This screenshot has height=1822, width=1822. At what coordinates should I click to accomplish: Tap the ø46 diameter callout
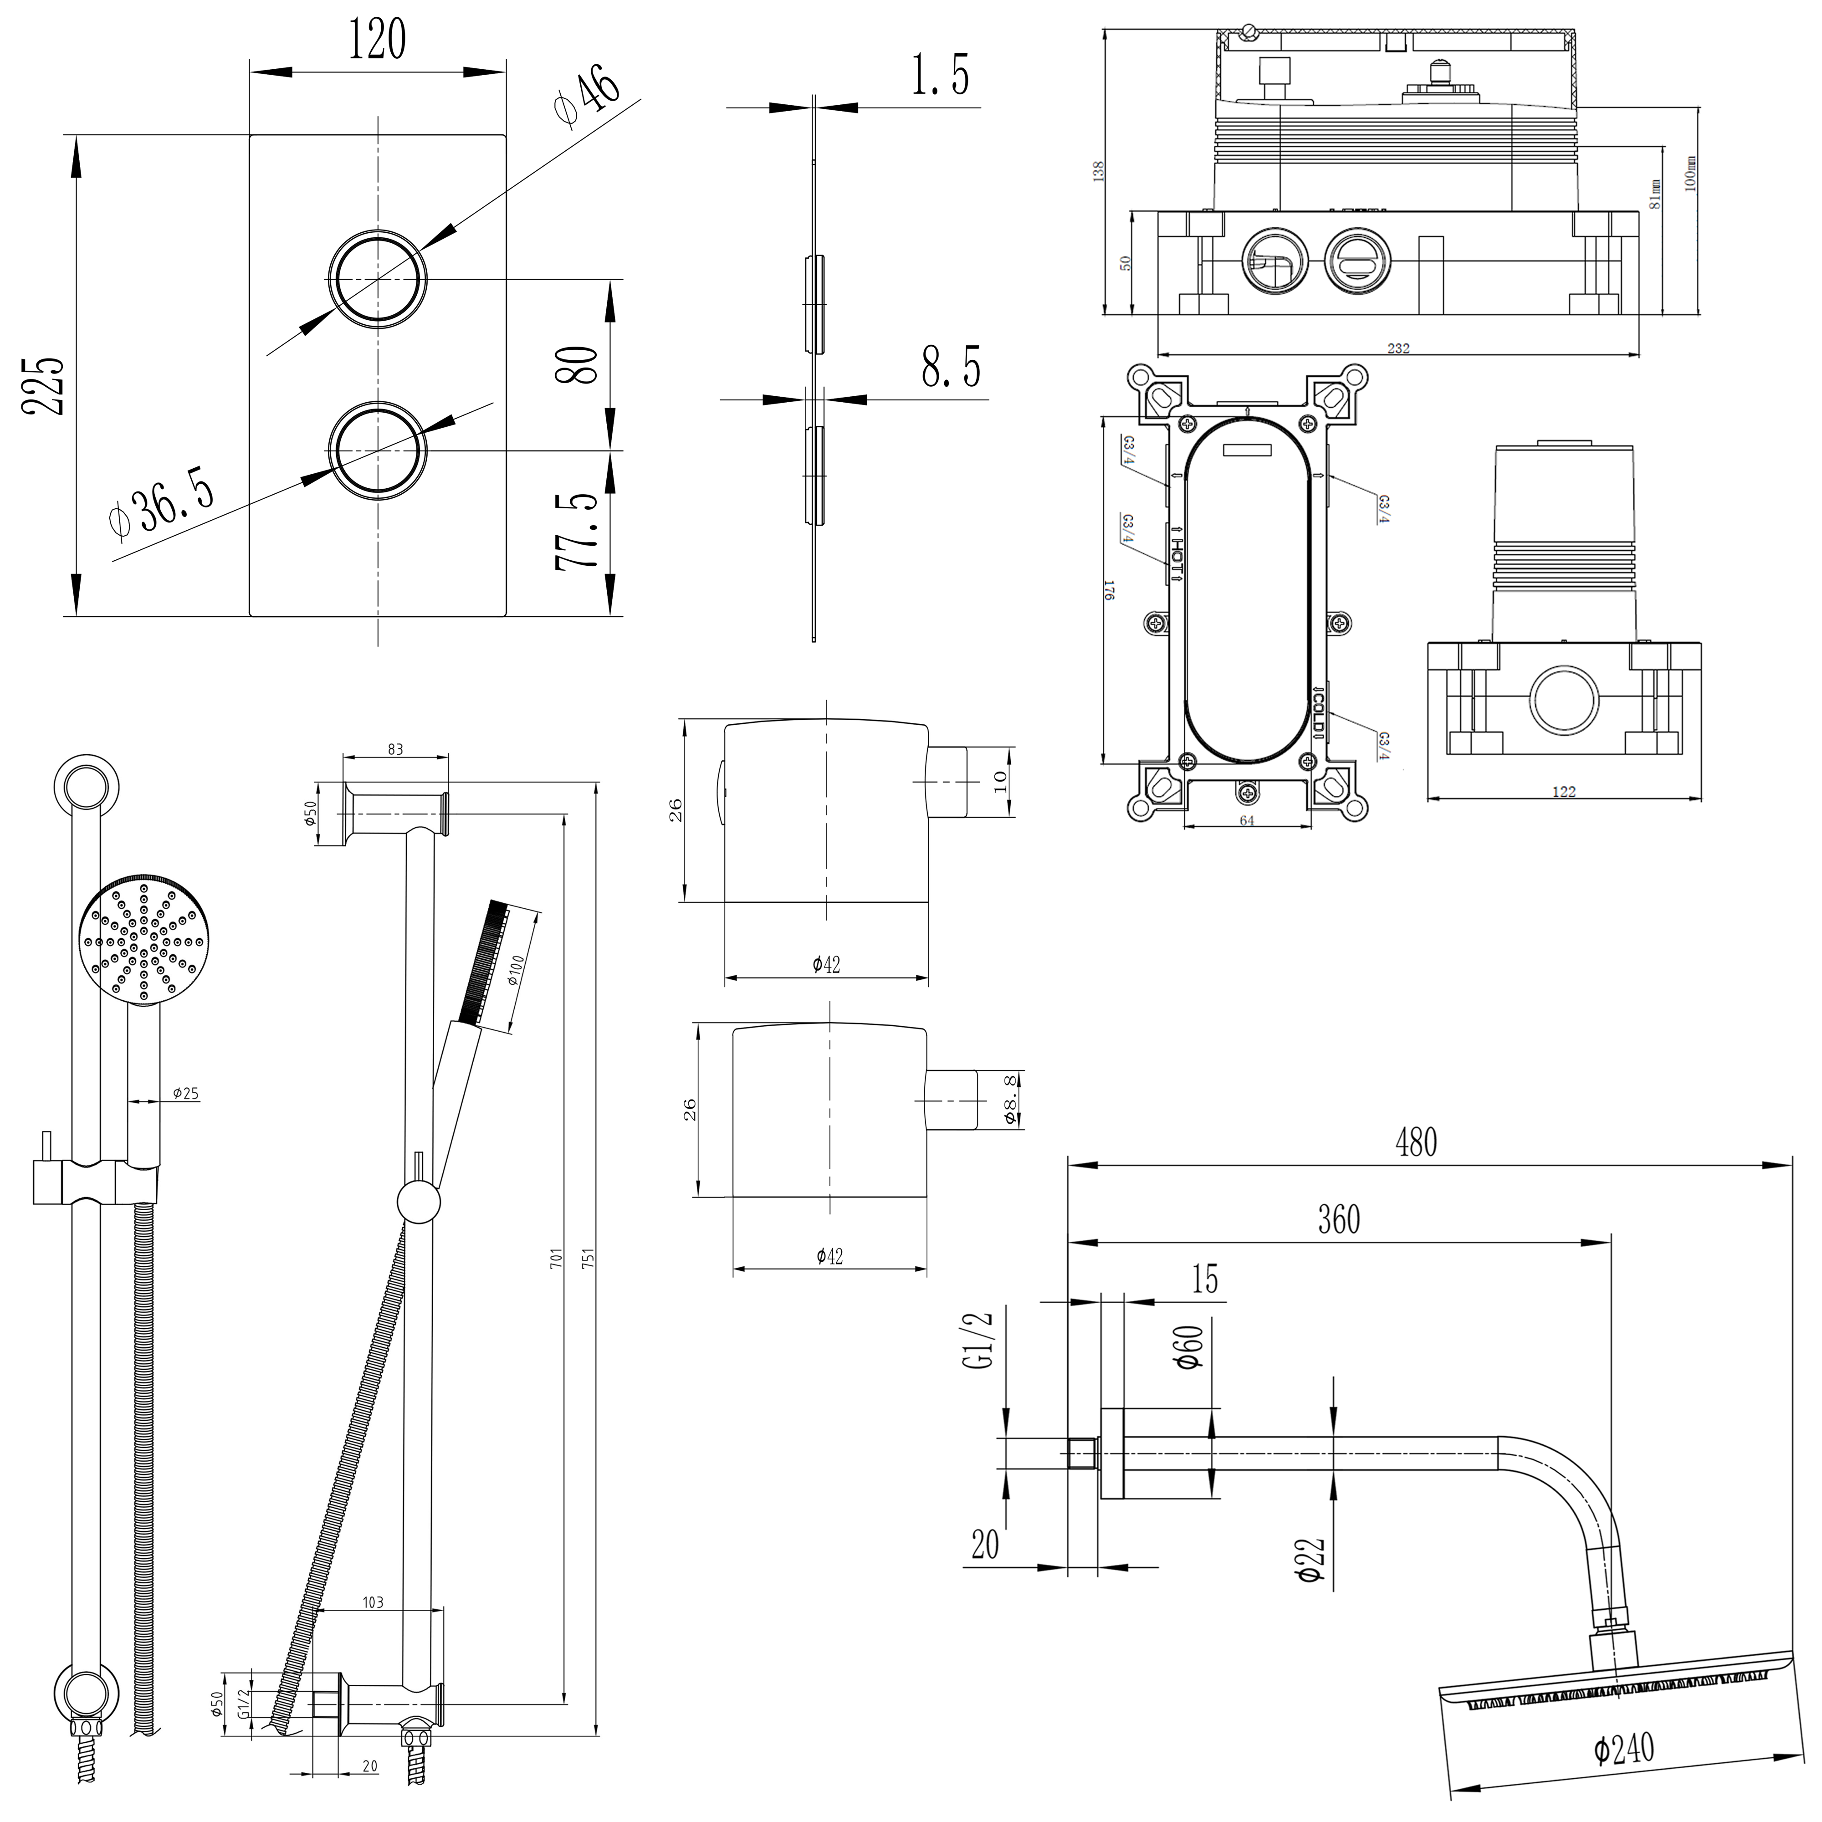coord(587,95)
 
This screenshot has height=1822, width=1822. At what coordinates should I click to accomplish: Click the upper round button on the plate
coord(377,279)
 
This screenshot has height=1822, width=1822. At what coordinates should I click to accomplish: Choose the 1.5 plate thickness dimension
coord(940,76)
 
